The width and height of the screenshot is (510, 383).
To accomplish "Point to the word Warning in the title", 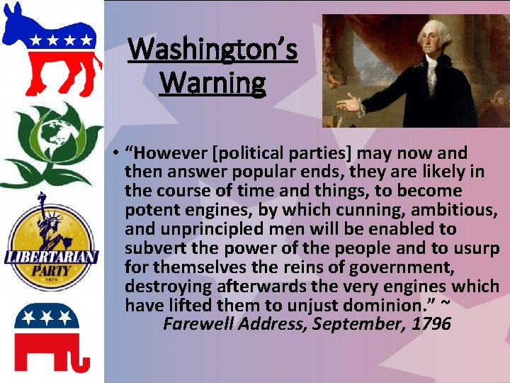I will pyautogui.click(x=212, y=83).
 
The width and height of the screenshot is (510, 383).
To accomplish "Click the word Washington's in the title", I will pyautogui.click(x=212, y=50).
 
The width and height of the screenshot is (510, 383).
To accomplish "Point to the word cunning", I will pyautogui.click(x=388, y=210).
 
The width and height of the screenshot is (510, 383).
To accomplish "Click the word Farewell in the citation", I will pyautogui.click(x=195, y=325).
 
